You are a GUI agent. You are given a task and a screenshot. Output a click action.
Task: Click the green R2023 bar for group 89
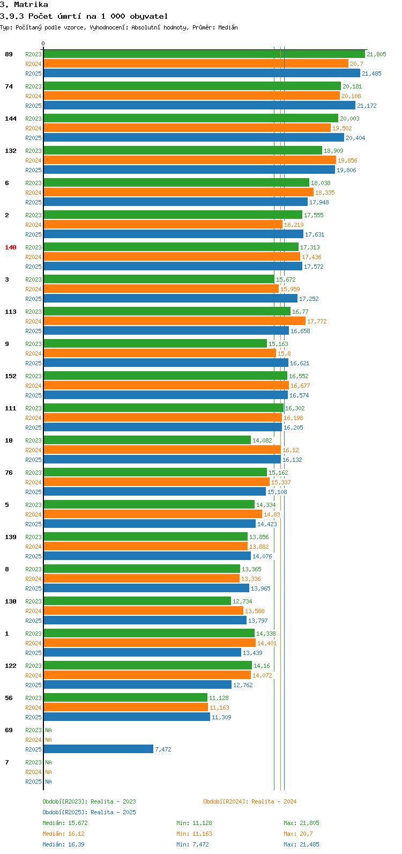[204, 54]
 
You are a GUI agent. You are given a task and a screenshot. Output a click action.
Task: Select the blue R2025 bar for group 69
[98, 749]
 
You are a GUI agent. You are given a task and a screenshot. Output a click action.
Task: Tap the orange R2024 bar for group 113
[174, 321]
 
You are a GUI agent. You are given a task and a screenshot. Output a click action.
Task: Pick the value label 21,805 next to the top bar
[376, 54]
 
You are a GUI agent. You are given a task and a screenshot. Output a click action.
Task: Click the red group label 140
[11, 247]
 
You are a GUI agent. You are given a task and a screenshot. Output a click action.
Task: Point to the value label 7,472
[163, 749]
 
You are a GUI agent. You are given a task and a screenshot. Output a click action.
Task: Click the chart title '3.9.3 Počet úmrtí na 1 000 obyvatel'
[84, 16]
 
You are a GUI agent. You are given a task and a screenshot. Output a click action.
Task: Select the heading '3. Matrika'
[24, 5]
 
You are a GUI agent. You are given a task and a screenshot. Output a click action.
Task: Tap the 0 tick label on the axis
[43, 44]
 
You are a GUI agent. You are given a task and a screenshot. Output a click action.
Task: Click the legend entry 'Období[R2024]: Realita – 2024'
[250, 801]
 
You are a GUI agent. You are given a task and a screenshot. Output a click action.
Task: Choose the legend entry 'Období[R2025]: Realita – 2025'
[89, 812]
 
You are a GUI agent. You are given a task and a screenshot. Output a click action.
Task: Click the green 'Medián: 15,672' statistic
[65, 823]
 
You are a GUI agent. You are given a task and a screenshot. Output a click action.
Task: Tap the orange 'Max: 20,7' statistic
[298, 834]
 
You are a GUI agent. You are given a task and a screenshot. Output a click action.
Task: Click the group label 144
[11, 119]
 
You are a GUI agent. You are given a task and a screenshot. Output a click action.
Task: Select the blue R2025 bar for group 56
[126, 717]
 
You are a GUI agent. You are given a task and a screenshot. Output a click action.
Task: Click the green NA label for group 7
[48, 762]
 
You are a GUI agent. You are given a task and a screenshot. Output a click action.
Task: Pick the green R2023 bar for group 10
[147, 440]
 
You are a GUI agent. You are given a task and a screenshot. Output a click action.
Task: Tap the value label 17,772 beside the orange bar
[317, 321]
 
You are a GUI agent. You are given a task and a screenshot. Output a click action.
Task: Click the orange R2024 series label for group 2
[33, 225]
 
